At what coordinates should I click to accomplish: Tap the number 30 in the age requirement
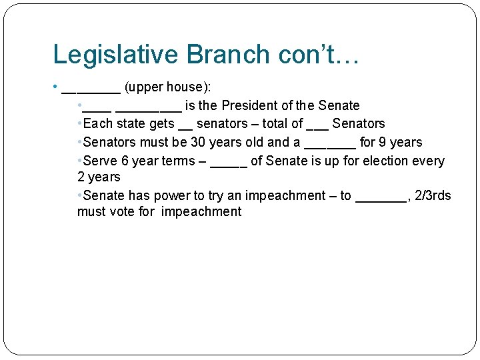[198, 142]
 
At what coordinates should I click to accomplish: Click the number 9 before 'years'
[383, 142]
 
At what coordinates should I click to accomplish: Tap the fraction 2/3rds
[433, 195]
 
